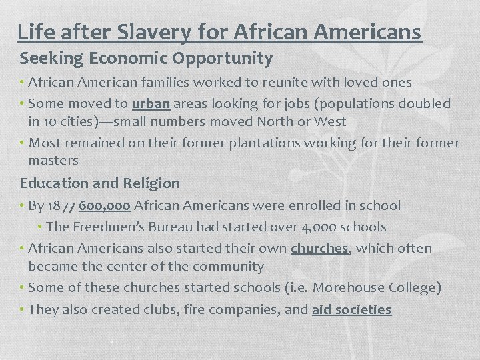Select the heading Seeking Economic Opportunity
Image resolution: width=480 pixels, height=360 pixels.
pos(146,59)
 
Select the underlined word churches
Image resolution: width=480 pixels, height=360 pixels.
pos(319,248)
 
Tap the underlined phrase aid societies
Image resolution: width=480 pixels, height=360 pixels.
pos(351,309)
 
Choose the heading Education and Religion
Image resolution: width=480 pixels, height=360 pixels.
pos(100,183)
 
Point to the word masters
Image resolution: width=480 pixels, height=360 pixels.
pos(53,160)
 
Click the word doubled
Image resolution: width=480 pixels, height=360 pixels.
pos(424,103)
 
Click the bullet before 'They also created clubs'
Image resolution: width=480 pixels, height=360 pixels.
pos(22,309)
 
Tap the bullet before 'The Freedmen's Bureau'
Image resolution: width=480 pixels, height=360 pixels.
pos(41,227)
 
